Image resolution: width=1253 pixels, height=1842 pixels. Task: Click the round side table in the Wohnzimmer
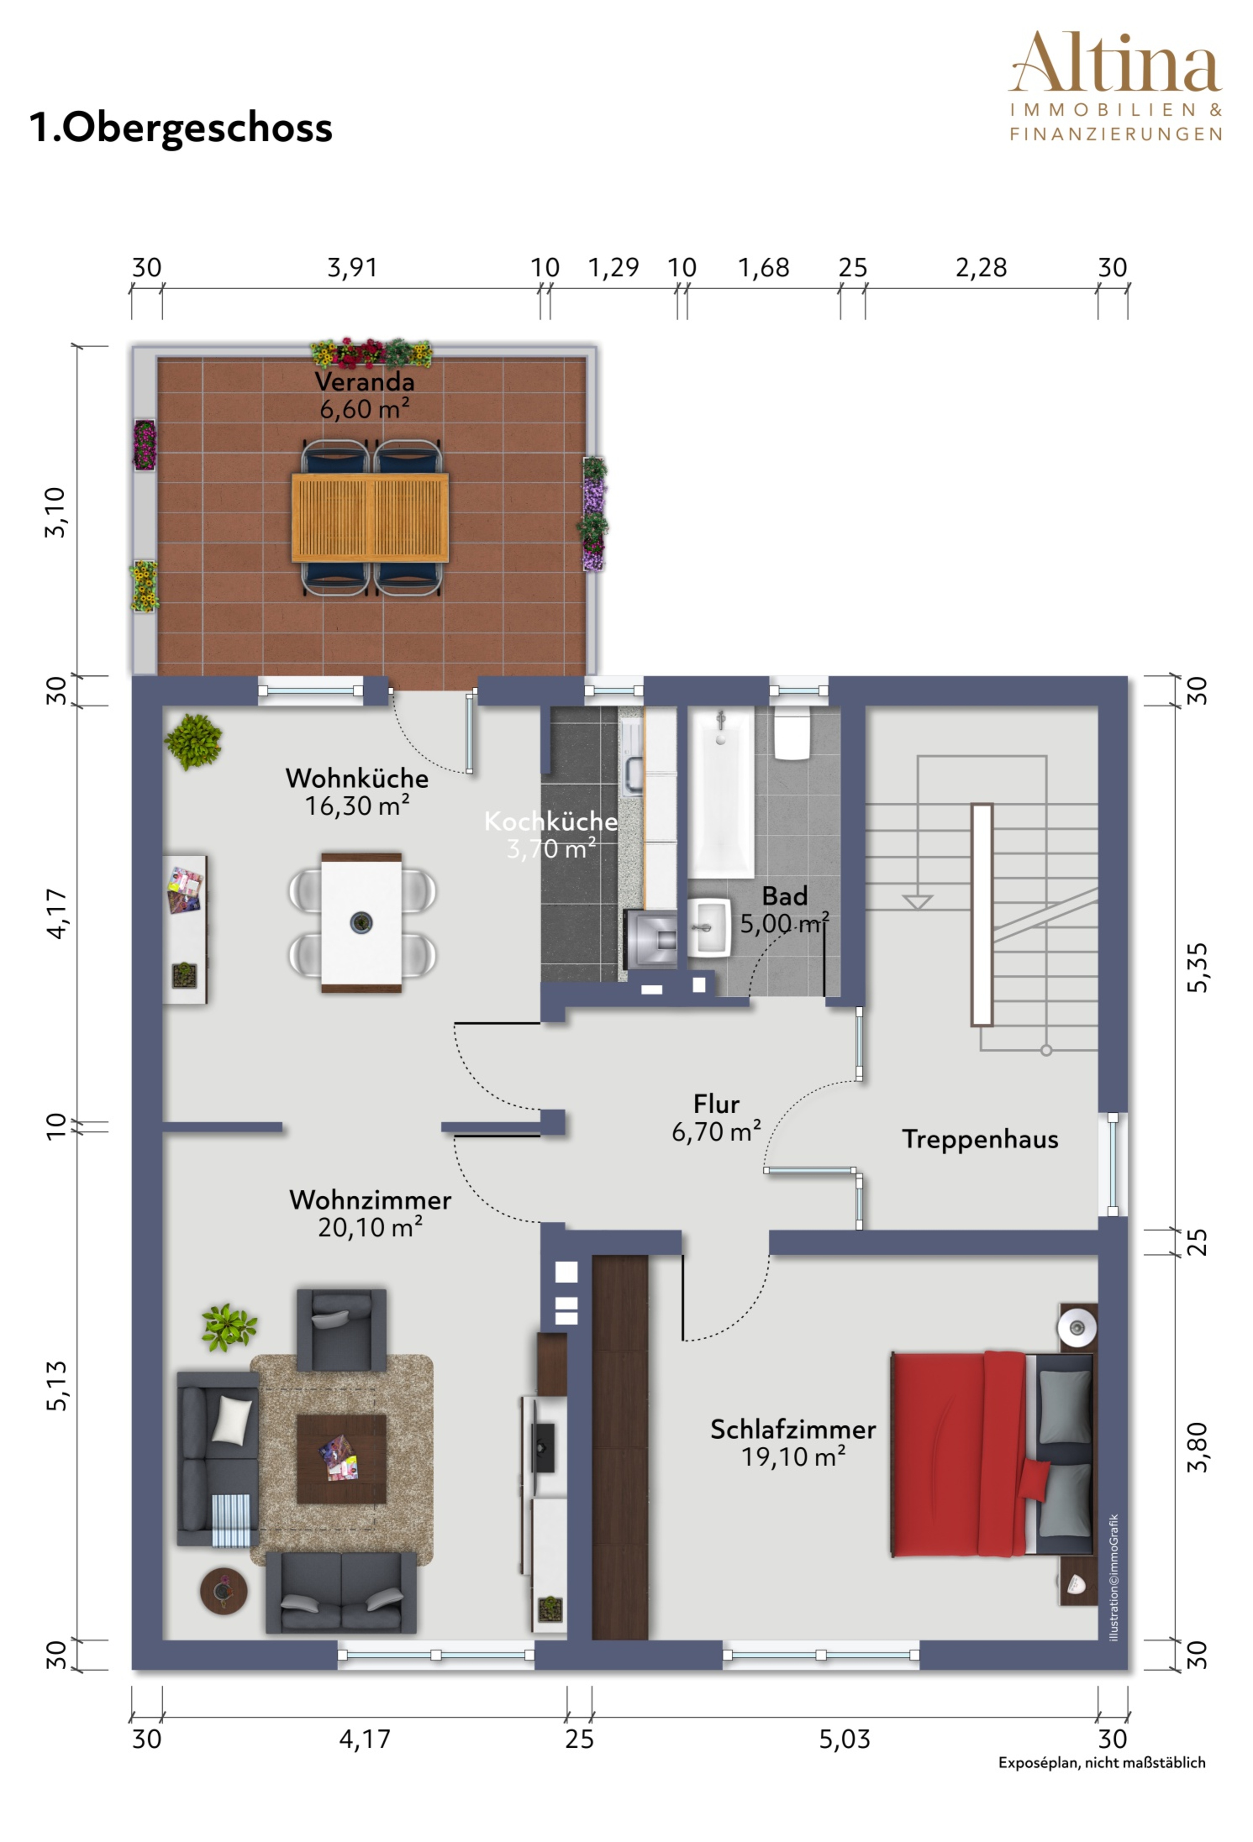(224, 1590)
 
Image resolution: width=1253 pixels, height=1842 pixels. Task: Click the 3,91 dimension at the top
(352, 268)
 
